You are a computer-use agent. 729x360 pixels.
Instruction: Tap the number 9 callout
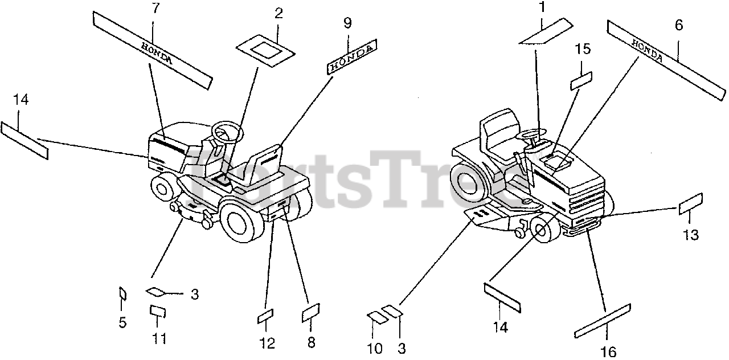(347, 23)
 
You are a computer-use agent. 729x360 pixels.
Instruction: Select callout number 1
(542, 8)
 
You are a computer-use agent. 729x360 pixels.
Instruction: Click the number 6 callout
(678, 26)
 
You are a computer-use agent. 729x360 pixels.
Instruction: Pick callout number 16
(608, 352)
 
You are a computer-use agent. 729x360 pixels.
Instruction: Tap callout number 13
(690, 234)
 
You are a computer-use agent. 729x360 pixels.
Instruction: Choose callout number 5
(122, 322)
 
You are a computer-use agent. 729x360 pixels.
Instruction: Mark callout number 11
(159, 339)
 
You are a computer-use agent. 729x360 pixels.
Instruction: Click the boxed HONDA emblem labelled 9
(351, 58)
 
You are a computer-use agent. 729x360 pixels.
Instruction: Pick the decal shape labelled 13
(691, 204)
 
